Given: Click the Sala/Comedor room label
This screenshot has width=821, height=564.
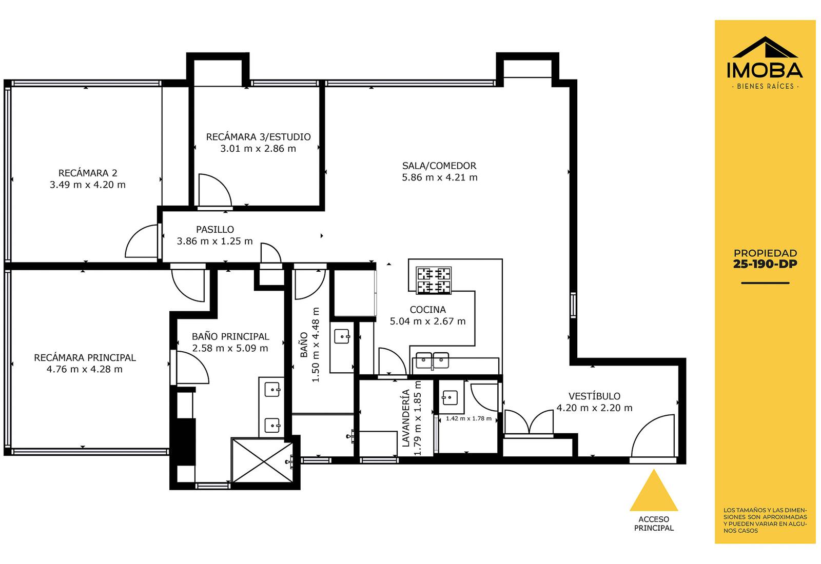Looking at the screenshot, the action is coord(439,166).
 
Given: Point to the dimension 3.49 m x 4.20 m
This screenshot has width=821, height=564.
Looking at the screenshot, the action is coord(88,185).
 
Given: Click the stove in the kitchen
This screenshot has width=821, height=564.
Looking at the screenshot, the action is coord(434,280).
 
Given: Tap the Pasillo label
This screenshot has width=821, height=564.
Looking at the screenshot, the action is coord(215,230).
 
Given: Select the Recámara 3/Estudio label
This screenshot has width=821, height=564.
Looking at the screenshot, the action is coord(259,137).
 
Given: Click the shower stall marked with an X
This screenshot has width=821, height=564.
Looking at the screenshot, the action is coord(263,461).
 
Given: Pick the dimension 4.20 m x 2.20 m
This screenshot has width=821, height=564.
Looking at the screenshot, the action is coord(595,408).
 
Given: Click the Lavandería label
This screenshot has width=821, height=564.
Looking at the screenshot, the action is coord(406,418).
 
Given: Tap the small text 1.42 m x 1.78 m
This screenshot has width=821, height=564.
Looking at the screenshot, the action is coord(468,418).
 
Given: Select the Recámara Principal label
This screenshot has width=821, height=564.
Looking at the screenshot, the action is coord(85,358).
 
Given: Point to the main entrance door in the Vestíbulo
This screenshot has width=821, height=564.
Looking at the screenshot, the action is coord(653,436).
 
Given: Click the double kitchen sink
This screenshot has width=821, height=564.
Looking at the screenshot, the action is coord(433,360).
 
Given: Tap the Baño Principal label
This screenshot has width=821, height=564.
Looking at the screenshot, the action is coord(230,336).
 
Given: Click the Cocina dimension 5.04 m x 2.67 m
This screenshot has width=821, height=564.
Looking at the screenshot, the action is coord(428,321).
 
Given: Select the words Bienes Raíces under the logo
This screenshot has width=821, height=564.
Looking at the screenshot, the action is coord(765,87).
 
